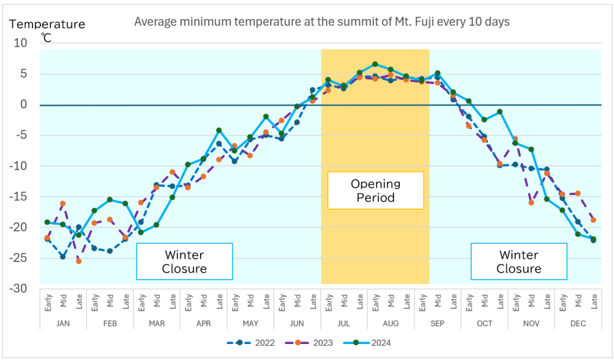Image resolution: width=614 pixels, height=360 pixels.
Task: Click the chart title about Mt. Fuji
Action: (x=322, y=22)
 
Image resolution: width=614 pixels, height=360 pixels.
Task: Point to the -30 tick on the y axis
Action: (x=20, y=288)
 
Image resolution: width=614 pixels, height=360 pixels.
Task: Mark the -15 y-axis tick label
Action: (x=20, y=197)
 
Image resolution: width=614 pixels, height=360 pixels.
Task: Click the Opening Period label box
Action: (x=375, y=190)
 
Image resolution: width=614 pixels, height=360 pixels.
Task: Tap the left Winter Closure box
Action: (x=184, y=262)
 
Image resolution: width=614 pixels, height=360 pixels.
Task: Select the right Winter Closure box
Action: (x=519, y=262)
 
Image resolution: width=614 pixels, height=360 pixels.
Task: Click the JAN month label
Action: (x=63, y=323)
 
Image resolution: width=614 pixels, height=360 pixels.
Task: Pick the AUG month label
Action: (x=391, y=323)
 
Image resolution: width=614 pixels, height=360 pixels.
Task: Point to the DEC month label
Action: (x=578, y=323)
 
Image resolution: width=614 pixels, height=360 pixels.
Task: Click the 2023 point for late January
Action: (x=79, y=261)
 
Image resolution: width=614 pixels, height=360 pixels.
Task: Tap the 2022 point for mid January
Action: (x=63, y=257)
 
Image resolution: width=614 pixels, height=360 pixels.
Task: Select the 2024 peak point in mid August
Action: (x=375, y=64)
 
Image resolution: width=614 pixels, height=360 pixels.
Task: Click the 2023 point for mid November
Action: (x=531, y=202)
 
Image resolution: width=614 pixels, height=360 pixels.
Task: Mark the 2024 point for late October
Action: (x=500, y=112)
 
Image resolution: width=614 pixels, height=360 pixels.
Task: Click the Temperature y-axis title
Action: (x=47, y=25)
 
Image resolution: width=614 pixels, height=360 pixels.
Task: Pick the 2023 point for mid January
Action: (x=63, y=203)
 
